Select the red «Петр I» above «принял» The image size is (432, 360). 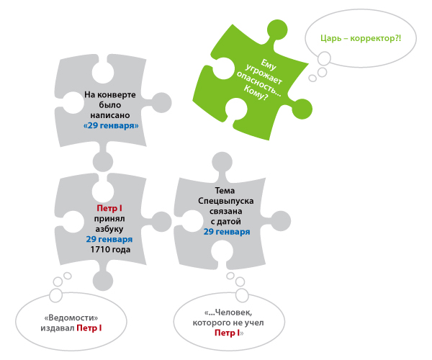(109, 208)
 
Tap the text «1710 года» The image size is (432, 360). (109, 249)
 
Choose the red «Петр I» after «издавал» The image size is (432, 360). (89, 328)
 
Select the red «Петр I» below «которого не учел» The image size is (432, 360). (228, 333)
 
